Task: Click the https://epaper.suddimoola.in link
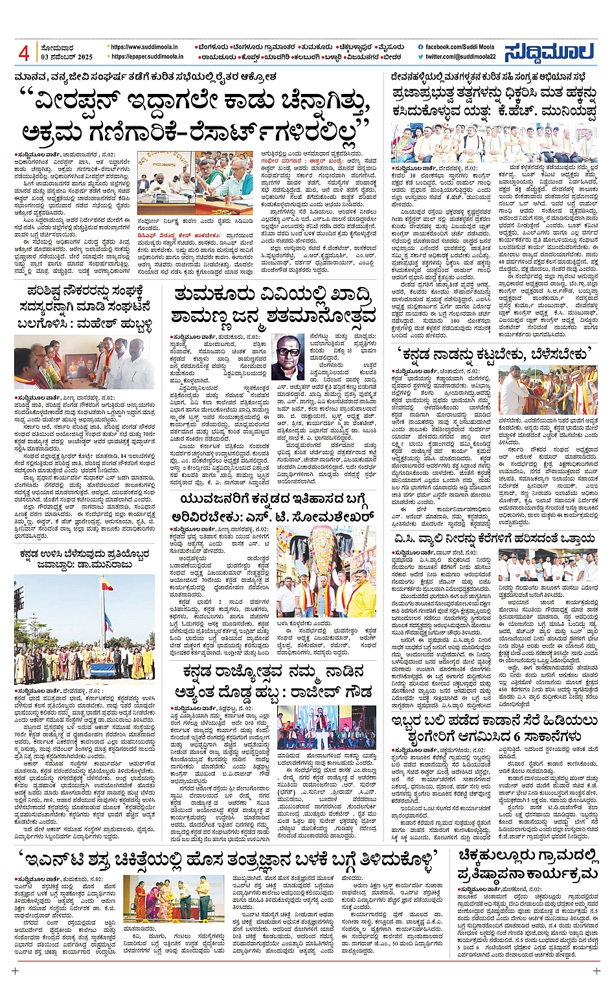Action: (146, 57)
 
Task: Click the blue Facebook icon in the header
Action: (422, 47)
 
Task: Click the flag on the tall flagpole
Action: (106, 585)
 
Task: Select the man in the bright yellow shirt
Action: (361, 599)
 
